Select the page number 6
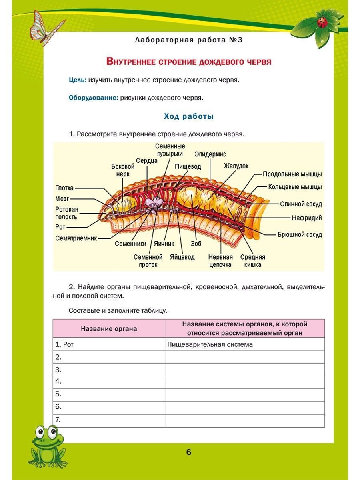click(189, 452)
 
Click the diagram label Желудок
click(236, 166)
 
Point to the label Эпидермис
click(210, 154)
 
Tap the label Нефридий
click(307, 218)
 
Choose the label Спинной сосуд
click(301, 204)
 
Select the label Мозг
click(62, 198)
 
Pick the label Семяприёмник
click(76, 238)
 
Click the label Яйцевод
click(182, 257)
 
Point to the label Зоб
click(196, 243)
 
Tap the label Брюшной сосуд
click(300, 234)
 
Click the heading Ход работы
click(189, 116)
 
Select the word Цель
click(77, 80)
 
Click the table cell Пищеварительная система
click(210, 344)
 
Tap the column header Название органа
click(109, 329)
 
